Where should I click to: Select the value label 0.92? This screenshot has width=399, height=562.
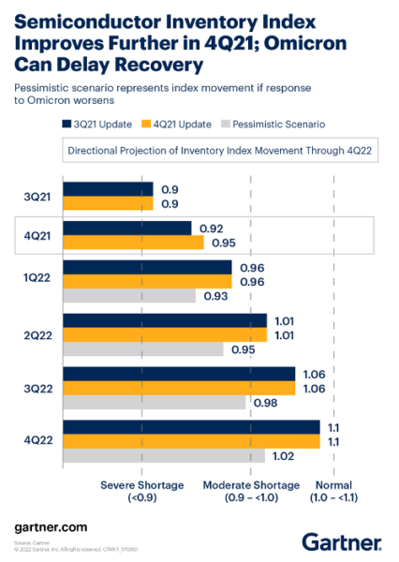point(213,228)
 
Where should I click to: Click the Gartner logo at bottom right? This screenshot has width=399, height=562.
point(341,540)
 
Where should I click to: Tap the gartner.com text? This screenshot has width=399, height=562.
point(52,529)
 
